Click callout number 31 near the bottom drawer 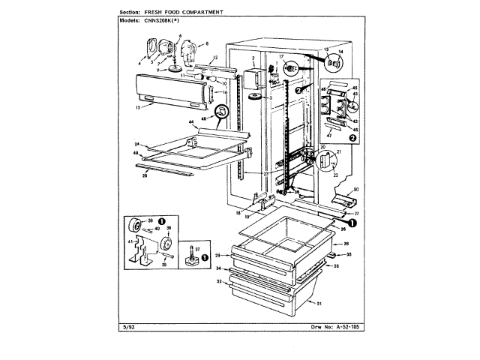tap(319, 303)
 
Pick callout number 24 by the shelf tap(137, 143)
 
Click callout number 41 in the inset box tap(129, 241)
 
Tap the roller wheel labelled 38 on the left tap(138, 224)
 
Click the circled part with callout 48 tap(221, 112)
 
